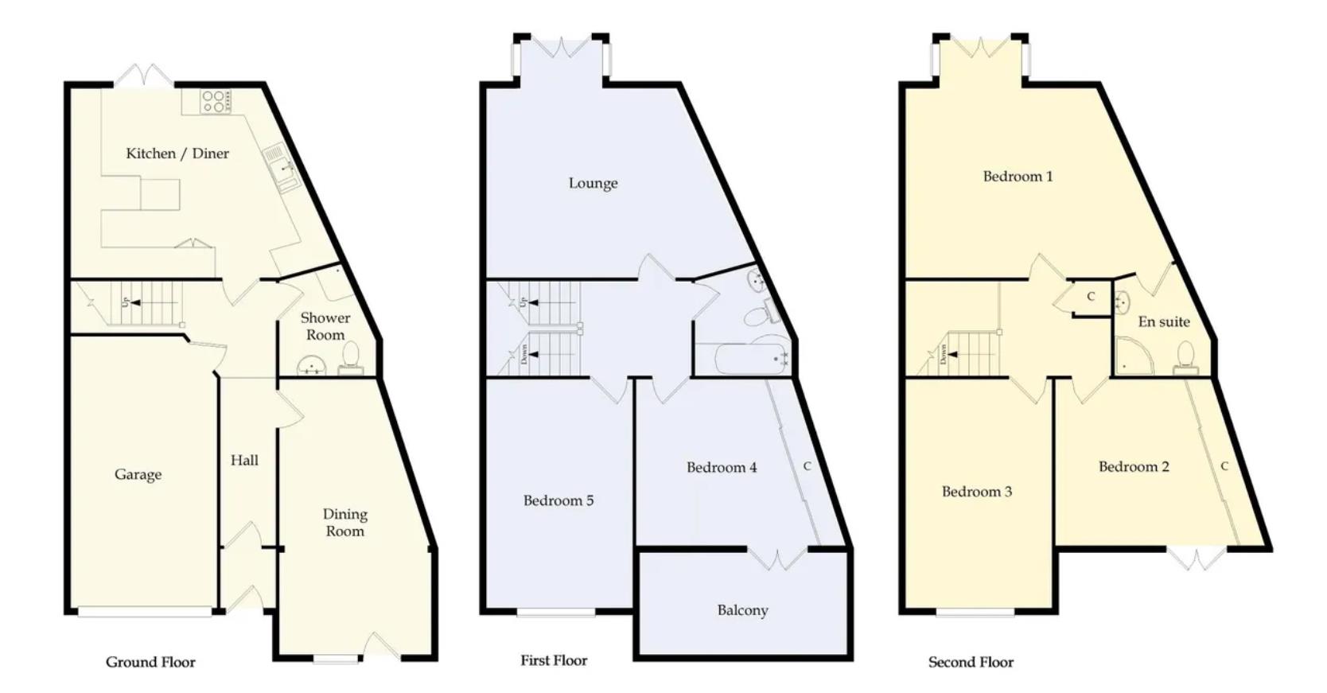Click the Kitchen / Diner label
point(177,154)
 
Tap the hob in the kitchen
point(216,102)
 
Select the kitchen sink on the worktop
point(282,169)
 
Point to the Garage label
point(138,475)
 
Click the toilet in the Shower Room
point(351,358)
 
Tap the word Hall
point(244,461)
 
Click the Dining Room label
point(344,523)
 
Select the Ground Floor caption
point(150,662)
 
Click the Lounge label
point(593,183)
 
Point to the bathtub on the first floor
point(751,359)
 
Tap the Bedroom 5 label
point(558,500)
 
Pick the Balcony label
point(742,610)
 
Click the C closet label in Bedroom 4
point(807,466)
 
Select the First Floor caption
point(554,660)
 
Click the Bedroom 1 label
point(1018,177)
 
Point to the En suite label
point(1164,322)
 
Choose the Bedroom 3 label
point(976,492)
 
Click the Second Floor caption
point(971,662)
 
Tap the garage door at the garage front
point(145,612)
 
